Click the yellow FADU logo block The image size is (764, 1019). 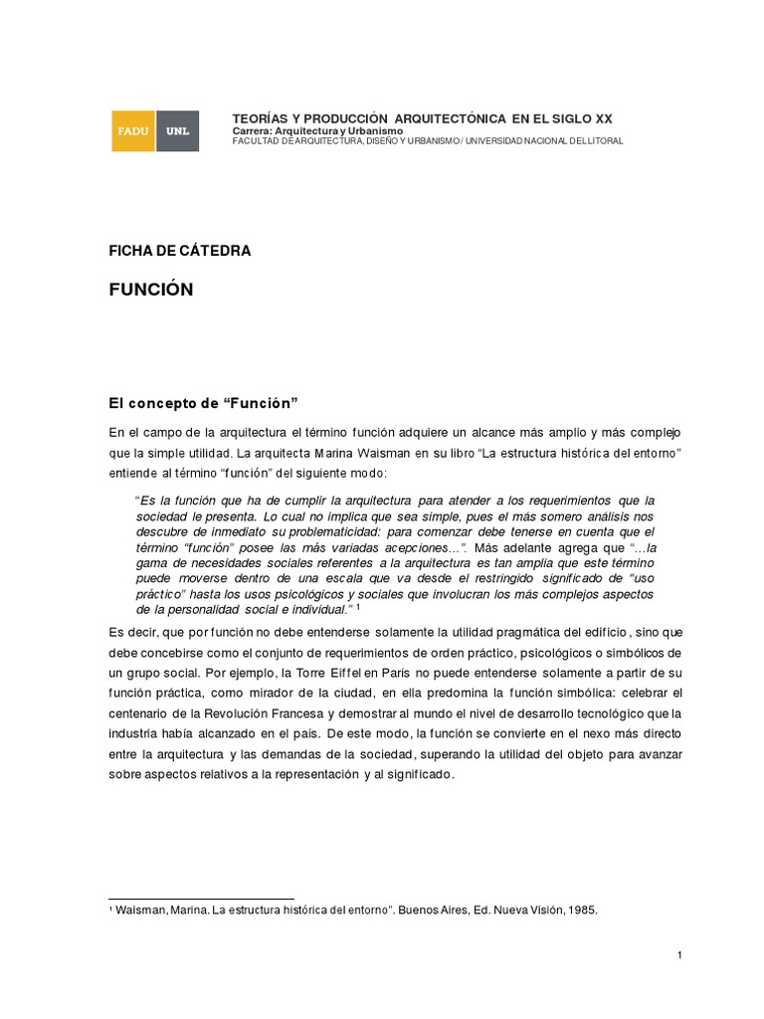click(x=132, y=131)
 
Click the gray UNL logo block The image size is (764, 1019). click(x=178, y=131)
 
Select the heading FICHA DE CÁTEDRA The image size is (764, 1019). click(x=179, y=251)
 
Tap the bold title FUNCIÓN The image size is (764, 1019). click(x=150, y=290)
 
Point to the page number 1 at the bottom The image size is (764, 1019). click(x=678, y=955)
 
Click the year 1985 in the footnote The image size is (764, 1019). click(x=581, y=911)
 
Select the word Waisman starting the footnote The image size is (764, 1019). click(x=142, y=911)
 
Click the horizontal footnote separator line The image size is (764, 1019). click(x=201, y=899)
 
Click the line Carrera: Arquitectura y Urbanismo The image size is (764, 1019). click(x=317, y=130)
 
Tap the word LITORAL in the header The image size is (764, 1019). click(x=602, y=141)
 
